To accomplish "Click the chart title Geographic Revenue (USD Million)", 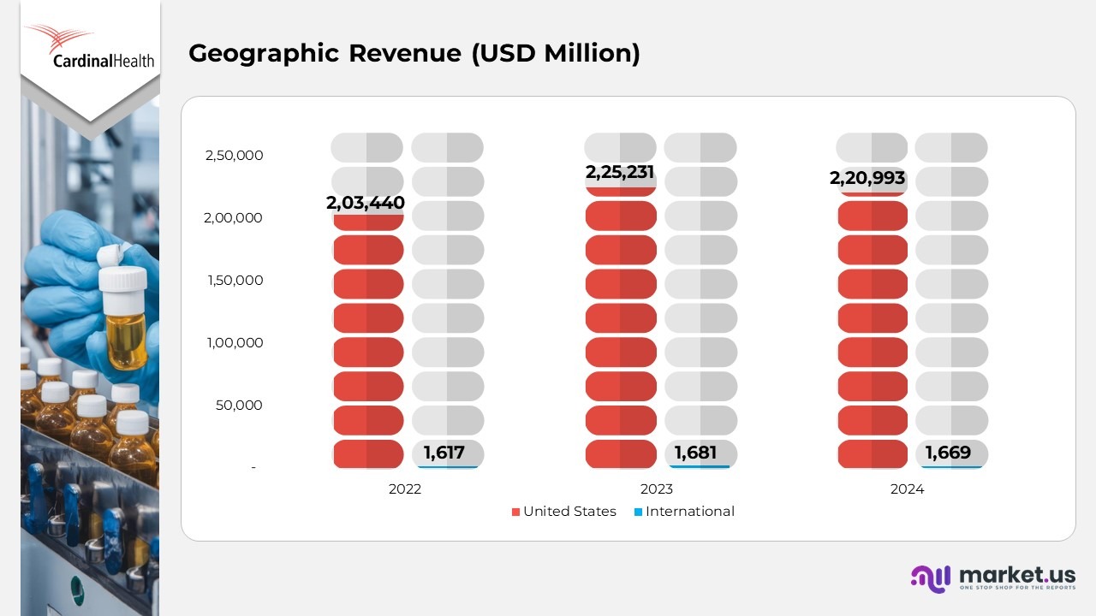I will click(x=414, y=53).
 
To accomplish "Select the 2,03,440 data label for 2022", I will click(x=366, y=204).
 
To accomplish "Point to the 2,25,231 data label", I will click(x=620, y=172).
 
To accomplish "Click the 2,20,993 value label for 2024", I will click(x=867, y=179).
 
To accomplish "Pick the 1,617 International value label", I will click(x=445, y=453).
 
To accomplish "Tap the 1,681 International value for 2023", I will click(x=695, y=453).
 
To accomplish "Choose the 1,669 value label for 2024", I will click(x=948, y=453).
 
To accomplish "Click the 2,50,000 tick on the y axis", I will click(x=234, y=156).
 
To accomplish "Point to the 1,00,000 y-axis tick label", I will click(x=234, y=343).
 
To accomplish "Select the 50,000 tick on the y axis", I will click(x=239, y=406).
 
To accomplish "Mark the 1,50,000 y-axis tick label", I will click(x=234, y=281).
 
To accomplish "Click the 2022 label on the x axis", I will click(x=405, y=489).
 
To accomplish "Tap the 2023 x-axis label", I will click(x=657, y=489).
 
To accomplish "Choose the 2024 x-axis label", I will click(x=908, y=489).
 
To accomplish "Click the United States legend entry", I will click(x=564, y=512).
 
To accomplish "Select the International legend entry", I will click(x=684, y=512).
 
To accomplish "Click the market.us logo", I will click(x=993, y=577).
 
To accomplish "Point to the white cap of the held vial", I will click(x=123, y=278).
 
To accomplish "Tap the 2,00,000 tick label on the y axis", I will click(x=234, y=218).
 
